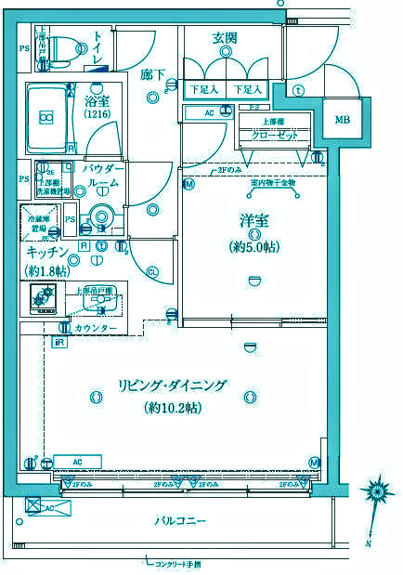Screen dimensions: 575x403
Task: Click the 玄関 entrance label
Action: pyautogui.click(x=226, y=38)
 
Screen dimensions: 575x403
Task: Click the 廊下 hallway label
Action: pyautogui.click(x=154, y=73)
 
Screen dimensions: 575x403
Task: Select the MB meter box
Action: pyautogui.click(x=343, y=118)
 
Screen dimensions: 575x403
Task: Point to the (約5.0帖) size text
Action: pyautogui.click(x=253, y=246)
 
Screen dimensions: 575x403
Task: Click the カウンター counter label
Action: pyautogui.click(x=96, y=328)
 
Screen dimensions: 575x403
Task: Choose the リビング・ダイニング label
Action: pyautogui.click(x=172, y=386)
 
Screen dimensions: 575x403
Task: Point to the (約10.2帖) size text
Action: pyautogui.click(x=173, y=408)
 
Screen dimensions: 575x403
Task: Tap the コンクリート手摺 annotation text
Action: pyautogui.click(x=177, y=562)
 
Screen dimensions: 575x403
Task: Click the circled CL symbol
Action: pyautogui.click(x=152, y=270)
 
